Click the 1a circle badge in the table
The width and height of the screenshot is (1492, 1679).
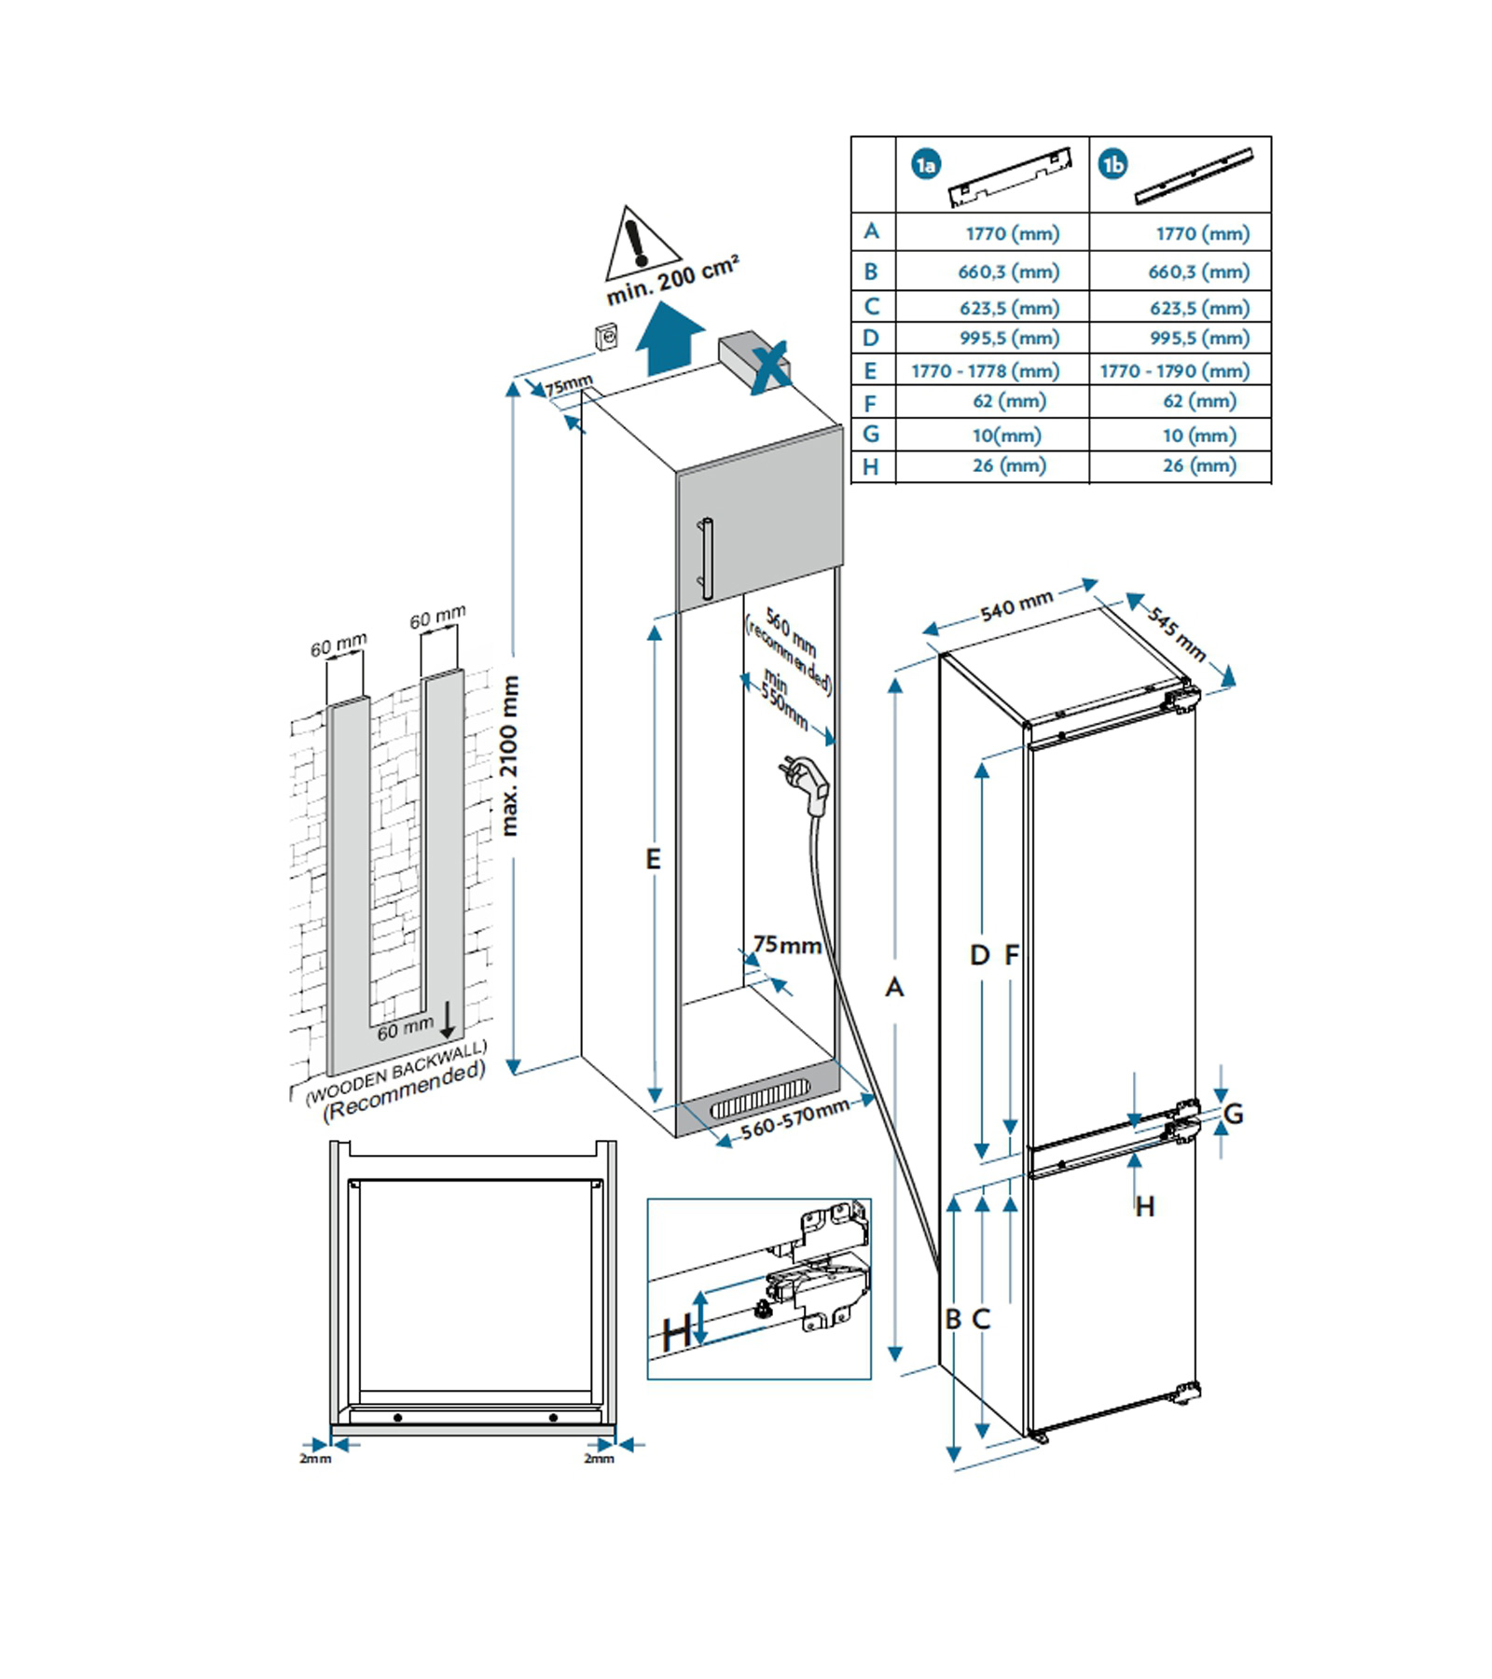point(925,165)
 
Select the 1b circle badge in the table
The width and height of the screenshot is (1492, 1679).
point(1113,165)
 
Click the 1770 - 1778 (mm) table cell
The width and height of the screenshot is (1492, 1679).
point(986,371)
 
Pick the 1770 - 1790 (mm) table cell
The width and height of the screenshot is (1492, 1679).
point(1174,371)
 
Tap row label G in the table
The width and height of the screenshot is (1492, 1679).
point(871,434)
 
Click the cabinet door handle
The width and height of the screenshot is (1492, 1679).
point(706,558)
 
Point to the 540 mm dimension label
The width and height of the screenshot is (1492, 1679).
point(1016,604)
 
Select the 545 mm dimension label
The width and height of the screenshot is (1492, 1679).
point(1177,634)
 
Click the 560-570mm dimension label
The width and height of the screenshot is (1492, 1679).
point(794,1117)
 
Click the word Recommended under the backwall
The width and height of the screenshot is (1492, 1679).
point(404,1091)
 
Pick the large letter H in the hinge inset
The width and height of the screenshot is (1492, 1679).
point(676,1332)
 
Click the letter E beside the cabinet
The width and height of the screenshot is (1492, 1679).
point(654,859)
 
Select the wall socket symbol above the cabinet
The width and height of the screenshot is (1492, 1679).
point(606,337)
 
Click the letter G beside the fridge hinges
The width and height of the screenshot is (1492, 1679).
point(1233,1113)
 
